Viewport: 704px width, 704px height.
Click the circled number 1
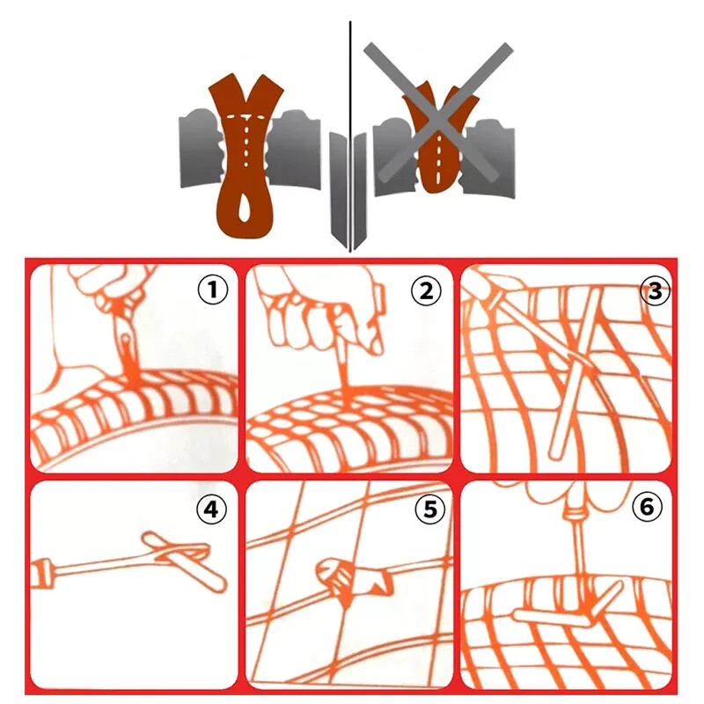(x=213, y=290)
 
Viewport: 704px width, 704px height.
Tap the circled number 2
(x=426, y=291)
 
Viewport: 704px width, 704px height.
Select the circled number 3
(x=655, y=291)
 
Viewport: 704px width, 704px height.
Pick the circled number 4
(x=211, y=510)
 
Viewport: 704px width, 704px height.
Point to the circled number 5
(x=430, y=510)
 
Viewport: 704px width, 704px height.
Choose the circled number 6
(x=647, y=507)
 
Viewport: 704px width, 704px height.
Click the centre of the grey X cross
(x=438, y=113)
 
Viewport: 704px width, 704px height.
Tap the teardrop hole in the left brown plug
(x=246, y=208)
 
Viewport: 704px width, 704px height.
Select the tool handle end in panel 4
(x=41, y=573)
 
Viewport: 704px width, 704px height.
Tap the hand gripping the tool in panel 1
(x=113, y=288)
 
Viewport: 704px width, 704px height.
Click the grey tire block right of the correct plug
(x=295, y=149)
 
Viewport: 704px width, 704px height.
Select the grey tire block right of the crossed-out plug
(x=489, y=158)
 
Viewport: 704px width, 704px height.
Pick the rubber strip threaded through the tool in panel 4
(x=184, y=560)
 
